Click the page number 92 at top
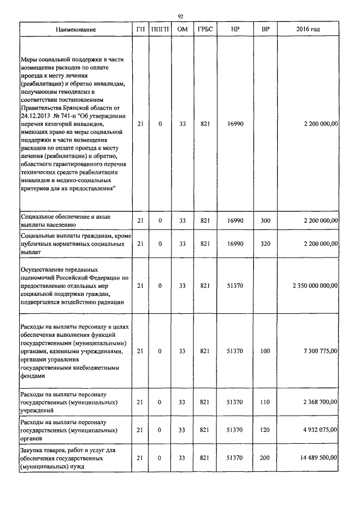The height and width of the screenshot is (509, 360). tap(180, 16)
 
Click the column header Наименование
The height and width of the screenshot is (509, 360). tap(76, 29)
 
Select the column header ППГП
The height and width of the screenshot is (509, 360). tap(160, 29)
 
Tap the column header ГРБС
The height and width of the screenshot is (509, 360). tap(205, 29)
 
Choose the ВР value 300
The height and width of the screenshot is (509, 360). tap(265, 220)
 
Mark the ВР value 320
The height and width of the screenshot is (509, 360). tap(265, 244)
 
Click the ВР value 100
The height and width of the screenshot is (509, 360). tap(265, 350)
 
